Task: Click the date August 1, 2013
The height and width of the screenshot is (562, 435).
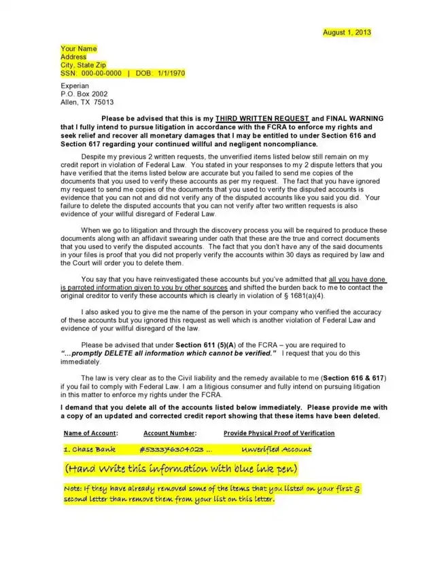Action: pos(347,32)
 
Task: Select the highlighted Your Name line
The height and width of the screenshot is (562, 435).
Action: pos(79,49)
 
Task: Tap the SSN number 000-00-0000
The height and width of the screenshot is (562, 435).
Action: pos(100,73)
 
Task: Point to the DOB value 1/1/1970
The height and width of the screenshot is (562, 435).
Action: pos(169,73)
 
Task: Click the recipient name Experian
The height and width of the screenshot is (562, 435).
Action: pos(75,86)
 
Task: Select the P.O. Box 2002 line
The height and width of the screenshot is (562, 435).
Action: pos(84,94)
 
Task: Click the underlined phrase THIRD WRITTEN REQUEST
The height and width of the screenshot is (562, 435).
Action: pos(267,118)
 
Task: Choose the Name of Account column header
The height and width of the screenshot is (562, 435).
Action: pos(90,433)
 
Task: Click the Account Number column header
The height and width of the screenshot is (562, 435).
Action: pos(170,433)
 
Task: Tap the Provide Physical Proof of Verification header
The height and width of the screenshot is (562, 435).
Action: pos(279,433)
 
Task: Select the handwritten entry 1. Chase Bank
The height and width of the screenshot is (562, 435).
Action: pos(89,449)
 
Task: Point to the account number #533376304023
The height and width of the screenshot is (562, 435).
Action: pos(171,449)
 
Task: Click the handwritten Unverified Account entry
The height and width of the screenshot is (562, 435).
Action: pos(277,449)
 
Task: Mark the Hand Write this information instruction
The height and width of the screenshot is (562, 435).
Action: pos(181,470)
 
